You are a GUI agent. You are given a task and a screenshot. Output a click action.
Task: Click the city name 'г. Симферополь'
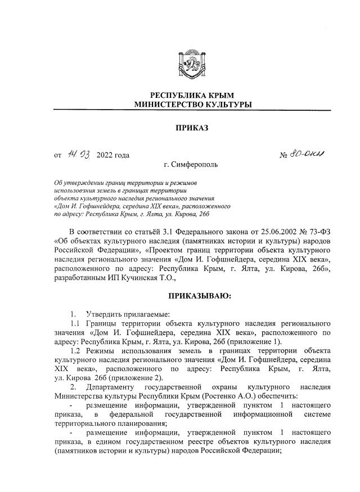click(188, 165)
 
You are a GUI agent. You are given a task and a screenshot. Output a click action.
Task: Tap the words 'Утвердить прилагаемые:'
click(121, 314)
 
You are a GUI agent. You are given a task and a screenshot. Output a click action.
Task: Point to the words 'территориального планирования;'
click(111, 423)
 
